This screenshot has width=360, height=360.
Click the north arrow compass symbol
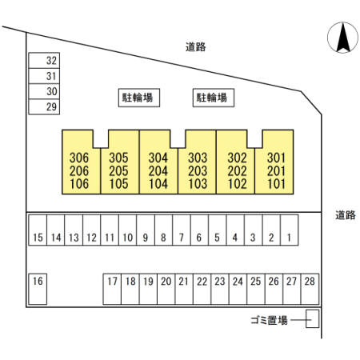point(342,38)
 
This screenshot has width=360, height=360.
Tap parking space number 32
point(44,61)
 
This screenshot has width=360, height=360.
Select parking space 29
point(44,107)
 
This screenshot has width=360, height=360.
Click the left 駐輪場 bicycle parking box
point(139,98)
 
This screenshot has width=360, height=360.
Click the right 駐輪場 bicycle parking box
point(214,98)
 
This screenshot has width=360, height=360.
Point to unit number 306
point(79,158)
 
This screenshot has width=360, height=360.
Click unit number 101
point(276,184)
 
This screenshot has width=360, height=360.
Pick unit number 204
point(158,171)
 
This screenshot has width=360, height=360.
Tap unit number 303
point(198,158)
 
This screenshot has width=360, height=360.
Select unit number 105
point(118,184)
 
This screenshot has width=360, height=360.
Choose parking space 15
point(38,230)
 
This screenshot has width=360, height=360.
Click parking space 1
point(290,230)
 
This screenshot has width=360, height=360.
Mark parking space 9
point(146,230)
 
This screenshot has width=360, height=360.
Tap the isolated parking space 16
point(38,289)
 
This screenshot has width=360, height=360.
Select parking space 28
point(310,289)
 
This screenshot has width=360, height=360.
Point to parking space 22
point(202,289)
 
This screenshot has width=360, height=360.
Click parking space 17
point(112,289)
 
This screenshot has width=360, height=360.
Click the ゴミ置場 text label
point(269,320)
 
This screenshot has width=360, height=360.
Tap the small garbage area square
point(312,318)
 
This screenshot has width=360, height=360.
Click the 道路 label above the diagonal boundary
point(196,47)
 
